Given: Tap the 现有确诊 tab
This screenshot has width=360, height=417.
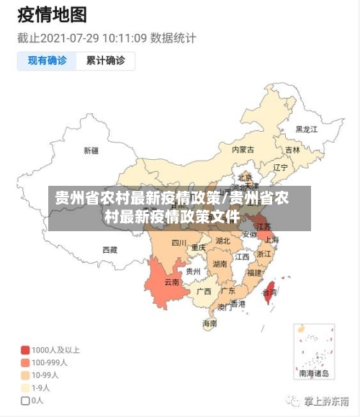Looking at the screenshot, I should (47, 60).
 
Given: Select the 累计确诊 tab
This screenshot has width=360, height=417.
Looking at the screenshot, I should (105, 60).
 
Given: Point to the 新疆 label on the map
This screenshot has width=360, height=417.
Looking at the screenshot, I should (91, 151).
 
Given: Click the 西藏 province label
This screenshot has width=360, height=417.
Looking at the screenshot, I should (109, 250).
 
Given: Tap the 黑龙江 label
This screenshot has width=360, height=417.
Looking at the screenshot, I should (306, 130).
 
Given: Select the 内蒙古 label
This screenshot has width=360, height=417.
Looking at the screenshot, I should (243, 150).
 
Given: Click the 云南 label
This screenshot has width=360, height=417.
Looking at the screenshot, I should (172, 282).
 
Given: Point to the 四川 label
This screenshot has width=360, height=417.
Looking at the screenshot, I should (179, 243).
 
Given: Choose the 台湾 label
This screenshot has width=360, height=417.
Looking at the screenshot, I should (269, 293).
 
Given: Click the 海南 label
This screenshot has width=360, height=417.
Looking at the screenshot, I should (210, 323).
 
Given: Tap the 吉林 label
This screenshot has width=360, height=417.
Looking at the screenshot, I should (292, 151).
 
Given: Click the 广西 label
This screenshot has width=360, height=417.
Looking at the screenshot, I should (204, 292).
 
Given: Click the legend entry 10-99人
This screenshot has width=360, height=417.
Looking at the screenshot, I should (44, 375).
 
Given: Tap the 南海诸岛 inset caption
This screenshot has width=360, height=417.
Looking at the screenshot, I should (314, 374).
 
